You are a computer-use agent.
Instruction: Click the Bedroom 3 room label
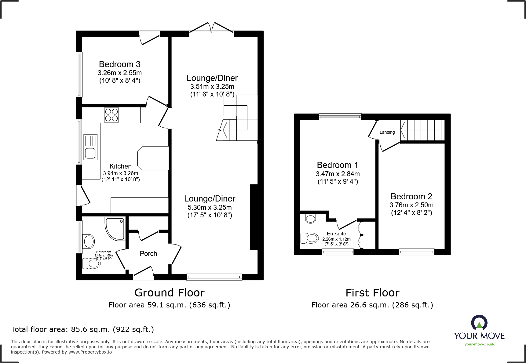pos(119,64)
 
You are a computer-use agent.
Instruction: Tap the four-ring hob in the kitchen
pos(111,115)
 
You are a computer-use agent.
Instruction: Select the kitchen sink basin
pos(90,153)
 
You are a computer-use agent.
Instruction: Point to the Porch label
pos(148,254)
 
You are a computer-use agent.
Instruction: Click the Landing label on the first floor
pos(387,132)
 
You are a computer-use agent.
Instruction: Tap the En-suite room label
pos(336,234)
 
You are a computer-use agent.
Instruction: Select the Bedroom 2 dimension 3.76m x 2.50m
pos(411,205)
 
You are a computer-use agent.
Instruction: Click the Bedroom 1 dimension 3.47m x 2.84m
pos(338,174)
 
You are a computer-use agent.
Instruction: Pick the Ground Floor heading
pos(169,293)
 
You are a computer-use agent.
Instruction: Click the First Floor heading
pos(372,293)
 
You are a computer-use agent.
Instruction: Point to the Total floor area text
pos(82,329)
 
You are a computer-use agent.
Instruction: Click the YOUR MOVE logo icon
pos(479,322)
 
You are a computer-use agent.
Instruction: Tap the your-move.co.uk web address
pos(479,344)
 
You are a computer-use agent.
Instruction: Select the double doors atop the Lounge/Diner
pos(211,27)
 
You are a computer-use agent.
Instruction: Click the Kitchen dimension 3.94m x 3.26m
pos(120,173)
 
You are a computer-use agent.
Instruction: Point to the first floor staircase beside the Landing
pos(422,130)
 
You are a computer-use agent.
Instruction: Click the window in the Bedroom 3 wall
pos(79,74)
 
